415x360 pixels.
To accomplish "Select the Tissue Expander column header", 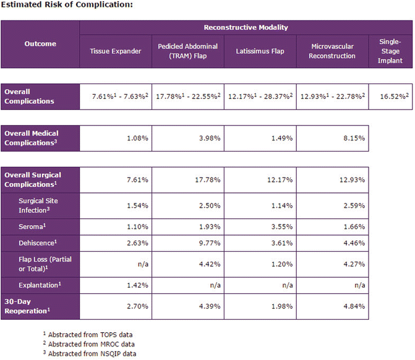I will pyautogui.click(x=116, y=51).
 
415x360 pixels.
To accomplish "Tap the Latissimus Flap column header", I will pyautogui.click(x=260, y=51).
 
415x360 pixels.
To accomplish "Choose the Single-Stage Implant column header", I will pyautogui.click(x=390, y=51).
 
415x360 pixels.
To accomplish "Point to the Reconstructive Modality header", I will pyautogui.click(x=246, y=28).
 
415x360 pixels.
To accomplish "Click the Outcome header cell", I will pyautogui.click(x=40, y=43).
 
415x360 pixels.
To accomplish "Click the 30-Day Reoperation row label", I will pyautogui.click(x=28, y=306).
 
